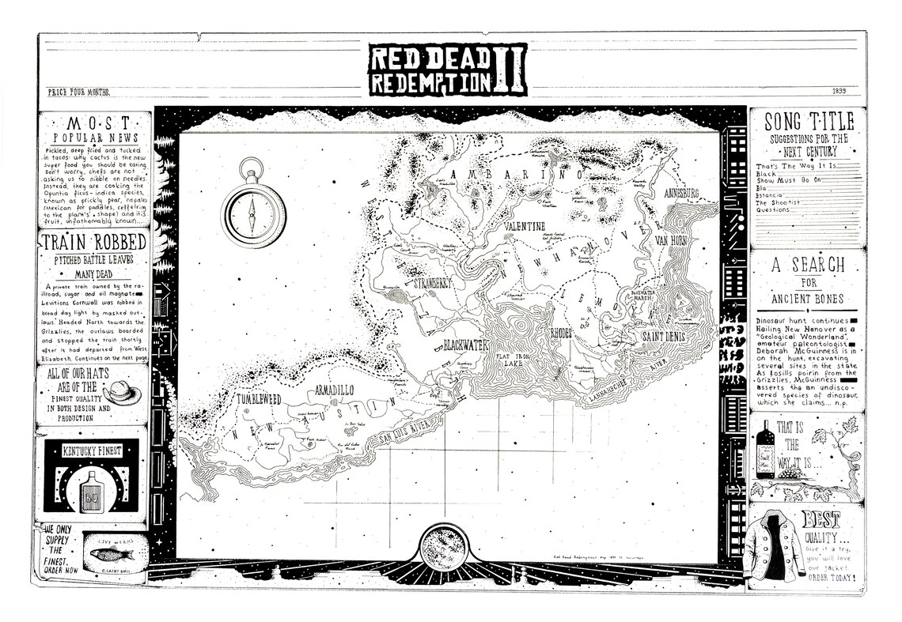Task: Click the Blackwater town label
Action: pos(466,345)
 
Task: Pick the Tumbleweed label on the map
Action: pos(265,400)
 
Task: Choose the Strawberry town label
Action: pos(430,282)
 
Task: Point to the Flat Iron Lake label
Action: pos(515,360)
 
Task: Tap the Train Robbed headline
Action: pos(93,242)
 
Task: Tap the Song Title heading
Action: pos(808,121)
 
